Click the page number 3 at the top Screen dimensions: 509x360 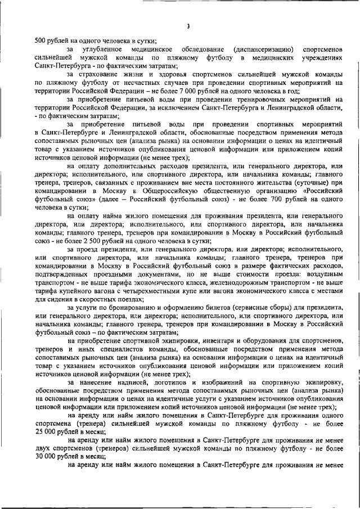pos(188,26)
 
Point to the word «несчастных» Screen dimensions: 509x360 pos(144,82)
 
